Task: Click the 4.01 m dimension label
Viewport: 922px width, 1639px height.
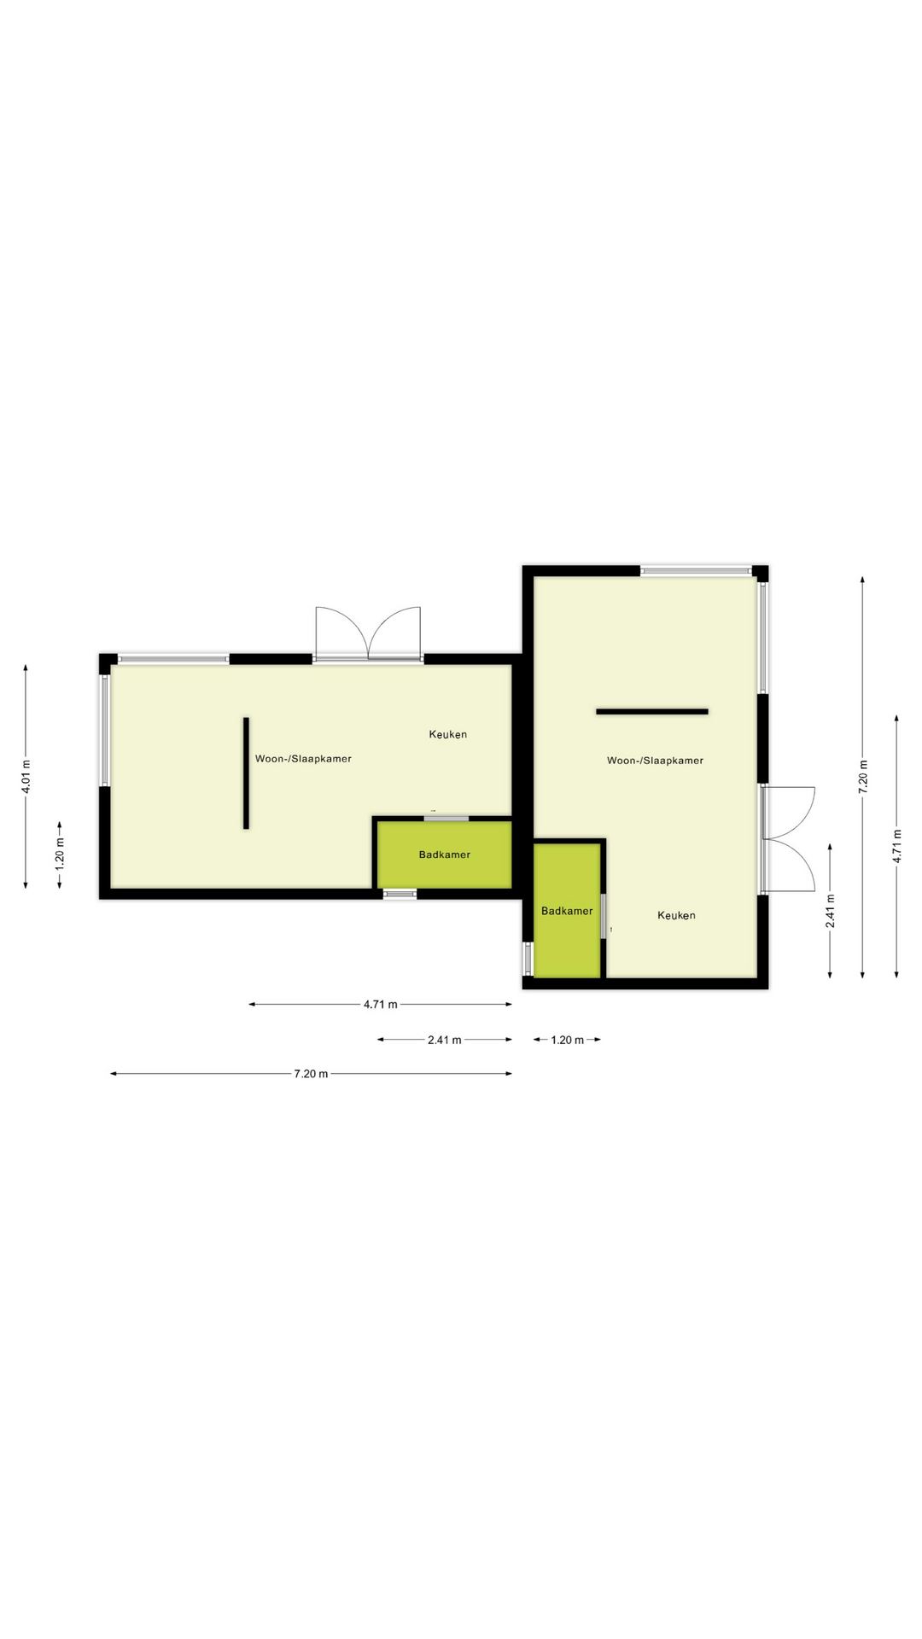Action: click(x=26, y=776)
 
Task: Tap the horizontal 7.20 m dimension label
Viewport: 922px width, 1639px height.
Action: click(x=311, y=1074)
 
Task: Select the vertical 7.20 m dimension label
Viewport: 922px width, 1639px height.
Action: click(x=862, y=776)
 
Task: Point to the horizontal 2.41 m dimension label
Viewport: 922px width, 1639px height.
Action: click(x=444, y=1040)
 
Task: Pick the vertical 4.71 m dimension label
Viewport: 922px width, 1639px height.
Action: click(x=896, y=846)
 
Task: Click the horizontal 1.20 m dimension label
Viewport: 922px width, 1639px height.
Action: click(x=567, y=1040)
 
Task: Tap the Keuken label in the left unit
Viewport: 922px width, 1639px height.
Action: click(x=447, y=734)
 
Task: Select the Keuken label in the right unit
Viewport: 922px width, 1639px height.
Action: click(x=676, y=915)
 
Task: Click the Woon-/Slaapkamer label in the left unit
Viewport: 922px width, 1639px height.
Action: click(x=303, y=758)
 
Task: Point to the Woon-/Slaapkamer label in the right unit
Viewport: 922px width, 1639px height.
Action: click(x=655, y=760)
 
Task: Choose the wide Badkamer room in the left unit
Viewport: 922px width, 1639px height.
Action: click(x=444, y=854)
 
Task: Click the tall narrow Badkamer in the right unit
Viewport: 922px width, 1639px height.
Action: click(x=567, y=911)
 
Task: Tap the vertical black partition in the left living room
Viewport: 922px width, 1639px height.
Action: click(x=246, y=773)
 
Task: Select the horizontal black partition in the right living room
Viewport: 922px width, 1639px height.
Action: click(x=652, y=711)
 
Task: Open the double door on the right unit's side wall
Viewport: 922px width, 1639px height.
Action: click(x=787, y=839)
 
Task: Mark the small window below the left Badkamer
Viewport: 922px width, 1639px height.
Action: click(x=400, y=894)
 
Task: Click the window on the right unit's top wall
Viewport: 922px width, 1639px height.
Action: click(x=696, y=570)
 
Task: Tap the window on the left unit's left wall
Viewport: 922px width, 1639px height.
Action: click(x=105, y=730)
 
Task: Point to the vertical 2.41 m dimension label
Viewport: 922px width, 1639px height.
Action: click(x=830, y=910)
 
